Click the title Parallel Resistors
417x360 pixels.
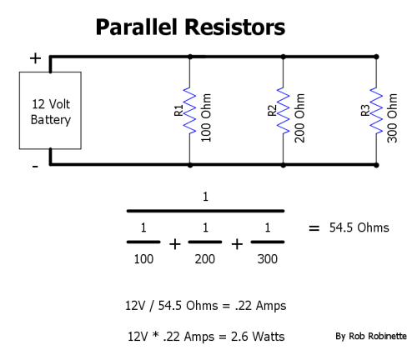[190, 27]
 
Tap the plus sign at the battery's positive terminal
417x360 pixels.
[35, 58]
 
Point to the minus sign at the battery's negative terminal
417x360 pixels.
[35, 167]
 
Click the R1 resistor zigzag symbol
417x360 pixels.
[189, 111]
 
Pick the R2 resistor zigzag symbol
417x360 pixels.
[283, 111]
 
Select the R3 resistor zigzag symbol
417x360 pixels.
[376, 111]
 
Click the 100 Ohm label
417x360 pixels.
[206, 117]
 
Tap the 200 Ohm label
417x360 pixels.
[299, 117]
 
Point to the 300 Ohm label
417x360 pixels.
[392, 117]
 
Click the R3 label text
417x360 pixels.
[365, 110]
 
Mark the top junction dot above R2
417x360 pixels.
[283, 57]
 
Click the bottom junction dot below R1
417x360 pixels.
[190, 165]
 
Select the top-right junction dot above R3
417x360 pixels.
[376, 57]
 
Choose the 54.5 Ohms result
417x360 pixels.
[359, 227]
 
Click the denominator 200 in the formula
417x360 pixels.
[205, 259]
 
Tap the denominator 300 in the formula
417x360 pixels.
[268, 259]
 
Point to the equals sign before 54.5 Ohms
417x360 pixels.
[314, 228]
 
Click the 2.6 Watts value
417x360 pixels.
[258, 337]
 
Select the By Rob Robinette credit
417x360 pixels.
[371, 336]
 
